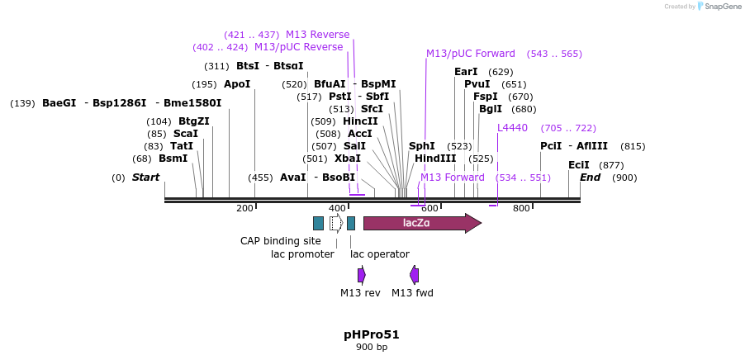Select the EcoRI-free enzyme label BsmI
point(173,159)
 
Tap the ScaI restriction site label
point(185,134)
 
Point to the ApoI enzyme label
point(237,84)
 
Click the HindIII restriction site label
point(435,159)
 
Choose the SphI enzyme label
point(422,146)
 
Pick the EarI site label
point(466,72)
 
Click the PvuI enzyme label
point(477,84)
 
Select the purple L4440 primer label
point(512,128)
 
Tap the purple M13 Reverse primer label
point(317,35)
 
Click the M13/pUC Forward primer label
point(471,54)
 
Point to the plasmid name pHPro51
point(372,334)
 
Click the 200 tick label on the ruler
point(245,208)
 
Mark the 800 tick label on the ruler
point(521,208)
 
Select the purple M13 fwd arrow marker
point(414,275)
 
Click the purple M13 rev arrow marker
point(361,275)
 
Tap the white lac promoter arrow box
point(335,223)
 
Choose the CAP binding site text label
point(281,241)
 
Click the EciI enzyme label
point(579,165)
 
